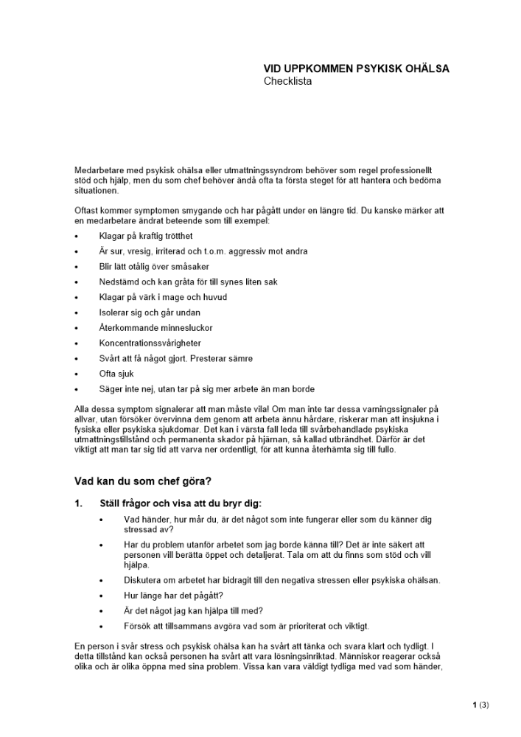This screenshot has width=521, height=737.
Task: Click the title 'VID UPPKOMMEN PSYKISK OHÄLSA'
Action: pos(356,69)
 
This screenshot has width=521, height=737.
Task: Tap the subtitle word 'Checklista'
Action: pos(287,81)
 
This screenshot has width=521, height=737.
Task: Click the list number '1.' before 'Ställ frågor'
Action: pos(79,504)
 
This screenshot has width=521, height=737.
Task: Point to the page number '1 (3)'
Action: pos(480,705)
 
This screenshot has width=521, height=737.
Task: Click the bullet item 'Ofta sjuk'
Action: pos(116,374)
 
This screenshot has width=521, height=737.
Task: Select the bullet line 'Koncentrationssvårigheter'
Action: pos(150,343)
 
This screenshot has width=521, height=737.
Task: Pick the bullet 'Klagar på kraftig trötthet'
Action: pos(146,236)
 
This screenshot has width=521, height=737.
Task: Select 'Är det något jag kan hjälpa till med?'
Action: pos(194,610)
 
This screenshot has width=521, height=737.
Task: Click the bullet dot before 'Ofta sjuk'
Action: pos(77,374)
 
